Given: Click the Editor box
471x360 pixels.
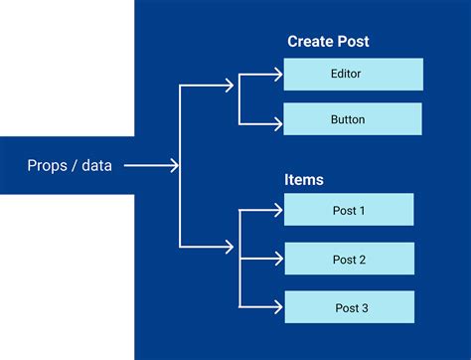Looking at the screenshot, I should coord(353,75).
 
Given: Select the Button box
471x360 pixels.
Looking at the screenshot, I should coord(353,119).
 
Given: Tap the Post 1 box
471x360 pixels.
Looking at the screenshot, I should coord(349,210).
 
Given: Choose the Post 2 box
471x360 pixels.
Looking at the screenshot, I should coord(349,260).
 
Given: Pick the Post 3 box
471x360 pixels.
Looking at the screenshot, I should coord(349,308).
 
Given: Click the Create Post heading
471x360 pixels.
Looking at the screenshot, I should coord(328,42).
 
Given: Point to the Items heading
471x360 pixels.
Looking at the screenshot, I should coord(304,180).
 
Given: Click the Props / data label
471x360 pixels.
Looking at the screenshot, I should coord(70,165).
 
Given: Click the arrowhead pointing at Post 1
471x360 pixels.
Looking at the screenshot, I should coord(277,210).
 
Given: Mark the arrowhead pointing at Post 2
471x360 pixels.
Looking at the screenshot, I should coord(277,260).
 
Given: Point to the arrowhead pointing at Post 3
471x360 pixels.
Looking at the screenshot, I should coord(277,308).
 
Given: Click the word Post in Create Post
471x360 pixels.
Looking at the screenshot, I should coord(354,42).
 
